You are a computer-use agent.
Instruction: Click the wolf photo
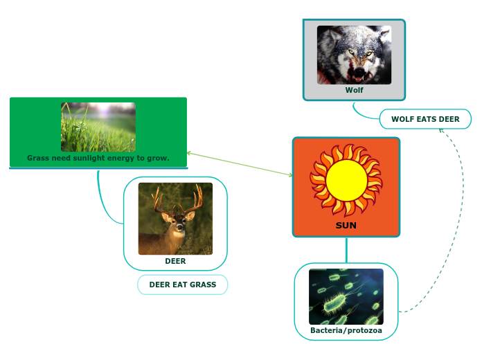354,55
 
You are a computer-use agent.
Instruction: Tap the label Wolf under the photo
354,90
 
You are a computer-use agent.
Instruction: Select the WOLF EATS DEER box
425,119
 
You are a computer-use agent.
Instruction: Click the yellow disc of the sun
346,179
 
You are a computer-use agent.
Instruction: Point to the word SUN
346,225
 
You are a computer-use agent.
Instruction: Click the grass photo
98,127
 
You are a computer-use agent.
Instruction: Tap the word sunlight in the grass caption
99,158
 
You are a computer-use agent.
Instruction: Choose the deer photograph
175,219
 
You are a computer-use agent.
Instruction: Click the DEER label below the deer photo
175,261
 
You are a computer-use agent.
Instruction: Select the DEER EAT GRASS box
183,285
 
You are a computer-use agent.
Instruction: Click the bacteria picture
346,296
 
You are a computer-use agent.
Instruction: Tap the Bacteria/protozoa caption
346,330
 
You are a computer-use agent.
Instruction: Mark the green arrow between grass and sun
240,163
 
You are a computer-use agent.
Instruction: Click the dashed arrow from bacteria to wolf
461,208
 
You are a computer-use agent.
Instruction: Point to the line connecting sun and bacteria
346,250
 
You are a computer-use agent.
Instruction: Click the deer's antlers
176,199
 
